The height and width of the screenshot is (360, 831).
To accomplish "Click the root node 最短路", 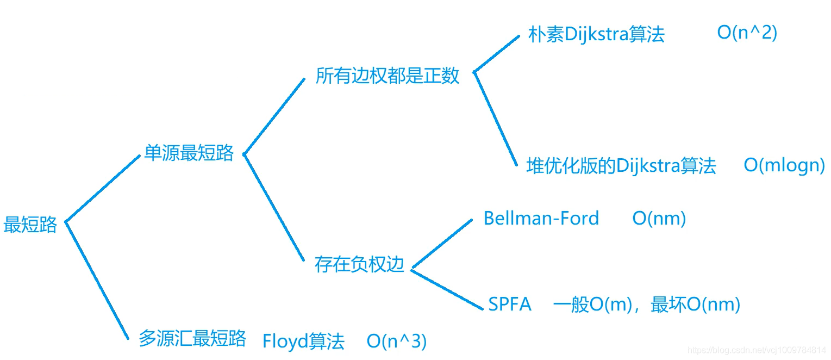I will click(30, 225).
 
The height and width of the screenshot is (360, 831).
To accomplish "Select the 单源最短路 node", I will click(189, 153).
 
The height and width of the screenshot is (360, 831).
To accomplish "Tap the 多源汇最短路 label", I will click(192, 338).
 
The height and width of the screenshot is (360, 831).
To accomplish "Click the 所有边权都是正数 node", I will click(388, 76).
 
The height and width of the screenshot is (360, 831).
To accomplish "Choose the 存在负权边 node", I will click(360, 264).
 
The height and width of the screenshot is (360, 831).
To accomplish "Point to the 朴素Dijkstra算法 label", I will click(596, 35).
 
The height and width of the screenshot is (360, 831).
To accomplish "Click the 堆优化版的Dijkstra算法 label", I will click(621, 166).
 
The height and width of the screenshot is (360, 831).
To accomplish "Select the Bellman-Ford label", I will click(541, 219).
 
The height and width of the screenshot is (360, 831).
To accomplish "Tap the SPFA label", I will click(509, 304).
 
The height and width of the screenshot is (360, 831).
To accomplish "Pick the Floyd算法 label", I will click(303, 342).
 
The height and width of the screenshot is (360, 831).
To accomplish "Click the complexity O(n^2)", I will click(747, 33).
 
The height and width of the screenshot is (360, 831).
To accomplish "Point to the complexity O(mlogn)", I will click(784, 166).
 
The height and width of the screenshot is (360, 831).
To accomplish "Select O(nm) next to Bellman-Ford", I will click(659, 219).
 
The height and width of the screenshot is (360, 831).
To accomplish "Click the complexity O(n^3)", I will click(397, 342).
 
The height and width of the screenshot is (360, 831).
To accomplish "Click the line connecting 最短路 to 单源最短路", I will click(102, 188).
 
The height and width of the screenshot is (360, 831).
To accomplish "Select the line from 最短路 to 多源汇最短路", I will click(97, 280).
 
